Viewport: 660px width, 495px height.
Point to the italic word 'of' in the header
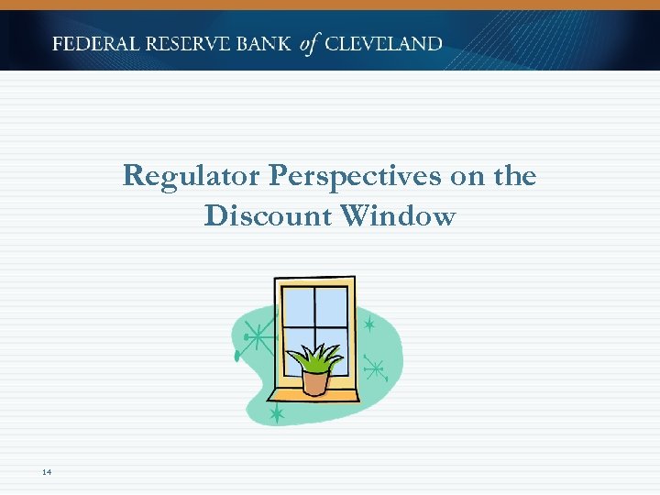[x=309, y=44]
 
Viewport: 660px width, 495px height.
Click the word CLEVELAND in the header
[x=384, y=44]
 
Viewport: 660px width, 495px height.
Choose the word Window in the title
[x=397, y=216]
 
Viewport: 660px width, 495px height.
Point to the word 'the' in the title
[x=515, y=175]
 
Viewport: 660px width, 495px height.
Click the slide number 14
[x=47, y=472]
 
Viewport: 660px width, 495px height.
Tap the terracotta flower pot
[x=315, y=381]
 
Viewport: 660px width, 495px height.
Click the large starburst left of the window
[x=260, y=338]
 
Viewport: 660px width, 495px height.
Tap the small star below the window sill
[x=276, y=415]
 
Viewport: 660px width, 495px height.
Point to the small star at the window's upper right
[x=368, y=324]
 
